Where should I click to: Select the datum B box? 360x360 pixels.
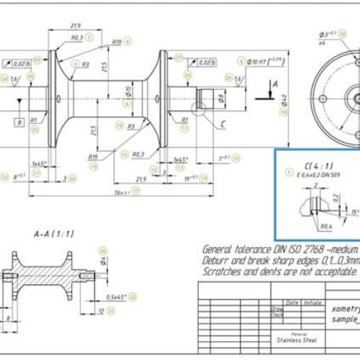[37, 123]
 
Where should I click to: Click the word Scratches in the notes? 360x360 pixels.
[224, 272]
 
